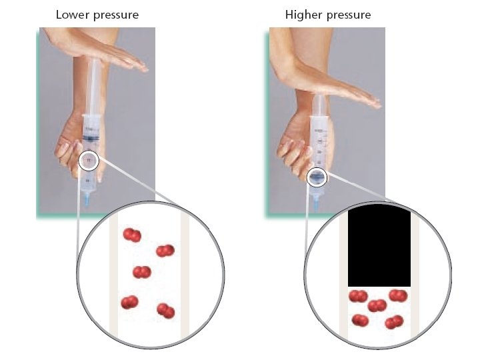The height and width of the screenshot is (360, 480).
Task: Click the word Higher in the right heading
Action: tap(303, 14)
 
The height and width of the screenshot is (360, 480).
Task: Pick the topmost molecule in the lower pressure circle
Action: tap(132, 235)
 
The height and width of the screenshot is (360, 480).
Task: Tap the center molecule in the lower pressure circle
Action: tap(141, 272)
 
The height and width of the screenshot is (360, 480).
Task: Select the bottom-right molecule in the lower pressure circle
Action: tap(165, 311)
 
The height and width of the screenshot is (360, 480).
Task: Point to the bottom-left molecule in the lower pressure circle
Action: tap(129, 302)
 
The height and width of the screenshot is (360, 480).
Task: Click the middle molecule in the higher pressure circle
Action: tap(377, 305)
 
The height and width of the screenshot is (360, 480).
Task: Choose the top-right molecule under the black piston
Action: tap(398, 295)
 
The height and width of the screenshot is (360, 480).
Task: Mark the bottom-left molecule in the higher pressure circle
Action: tap(360, 321)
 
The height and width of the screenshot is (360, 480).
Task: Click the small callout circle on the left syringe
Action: tap(89, 160)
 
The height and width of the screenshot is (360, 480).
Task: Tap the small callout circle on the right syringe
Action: tap(317, 176)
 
